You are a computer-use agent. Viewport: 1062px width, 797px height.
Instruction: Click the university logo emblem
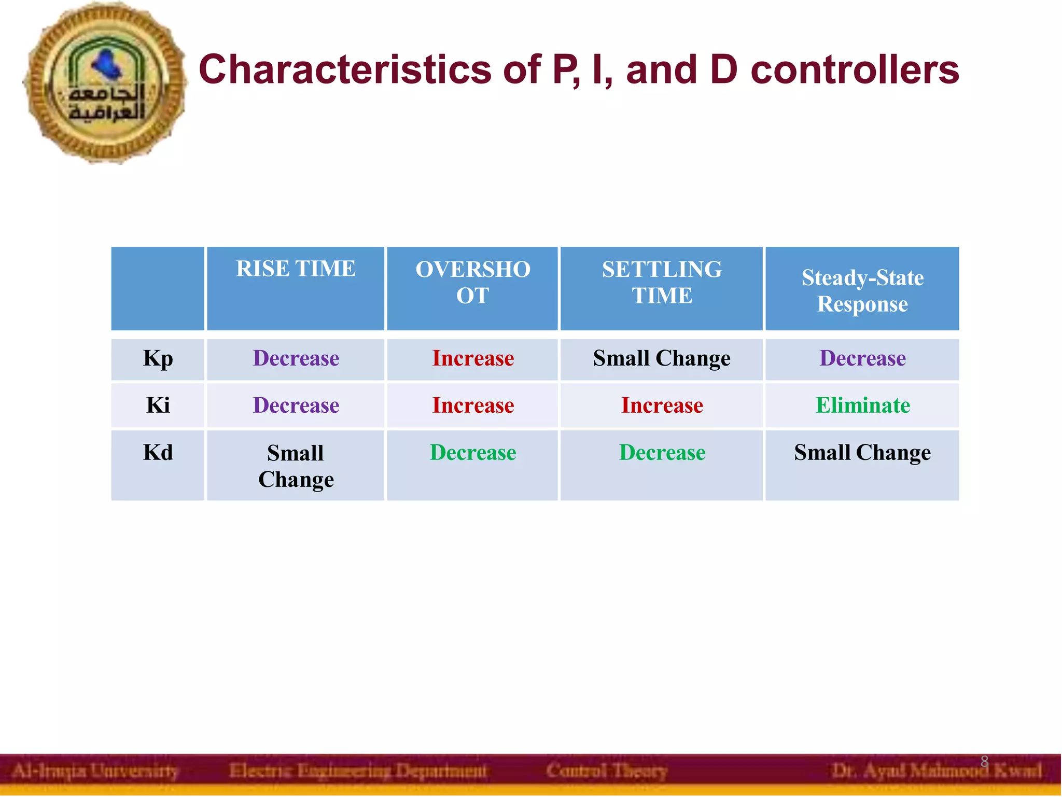105,83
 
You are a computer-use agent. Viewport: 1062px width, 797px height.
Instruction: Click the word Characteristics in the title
344,70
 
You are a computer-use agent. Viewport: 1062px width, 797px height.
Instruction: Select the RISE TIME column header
296,269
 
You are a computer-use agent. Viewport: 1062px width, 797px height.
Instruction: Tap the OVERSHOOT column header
472,283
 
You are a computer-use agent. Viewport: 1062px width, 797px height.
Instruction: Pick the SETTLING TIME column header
662,283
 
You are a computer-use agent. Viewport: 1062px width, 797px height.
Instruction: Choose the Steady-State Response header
862,291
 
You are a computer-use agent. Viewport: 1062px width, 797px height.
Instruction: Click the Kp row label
158,359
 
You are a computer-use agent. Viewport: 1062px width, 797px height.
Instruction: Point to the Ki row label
158,406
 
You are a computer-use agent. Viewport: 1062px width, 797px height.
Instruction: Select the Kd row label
158,453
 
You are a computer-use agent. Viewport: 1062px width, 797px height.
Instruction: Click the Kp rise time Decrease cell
296,359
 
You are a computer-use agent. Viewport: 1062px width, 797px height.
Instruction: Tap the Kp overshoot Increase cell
473,359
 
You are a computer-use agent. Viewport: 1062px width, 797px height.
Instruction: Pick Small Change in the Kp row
662,359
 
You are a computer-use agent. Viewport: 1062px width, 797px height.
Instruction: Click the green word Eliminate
863,406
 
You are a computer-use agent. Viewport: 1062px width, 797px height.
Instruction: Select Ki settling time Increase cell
662,406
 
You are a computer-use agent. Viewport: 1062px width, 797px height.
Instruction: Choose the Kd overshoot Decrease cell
473,453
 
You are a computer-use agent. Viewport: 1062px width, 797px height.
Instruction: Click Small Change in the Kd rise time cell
296,466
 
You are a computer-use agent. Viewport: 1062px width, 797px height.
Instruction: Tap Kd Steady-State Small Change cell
862,453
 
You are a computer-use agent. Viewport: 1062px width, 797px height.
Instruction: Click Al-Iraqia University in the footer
95,771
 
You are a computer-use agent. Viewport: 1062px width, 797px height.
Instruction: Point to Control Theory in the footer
606,771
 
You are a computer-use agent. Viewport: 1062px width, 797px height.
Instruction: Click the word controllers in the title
855,70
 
